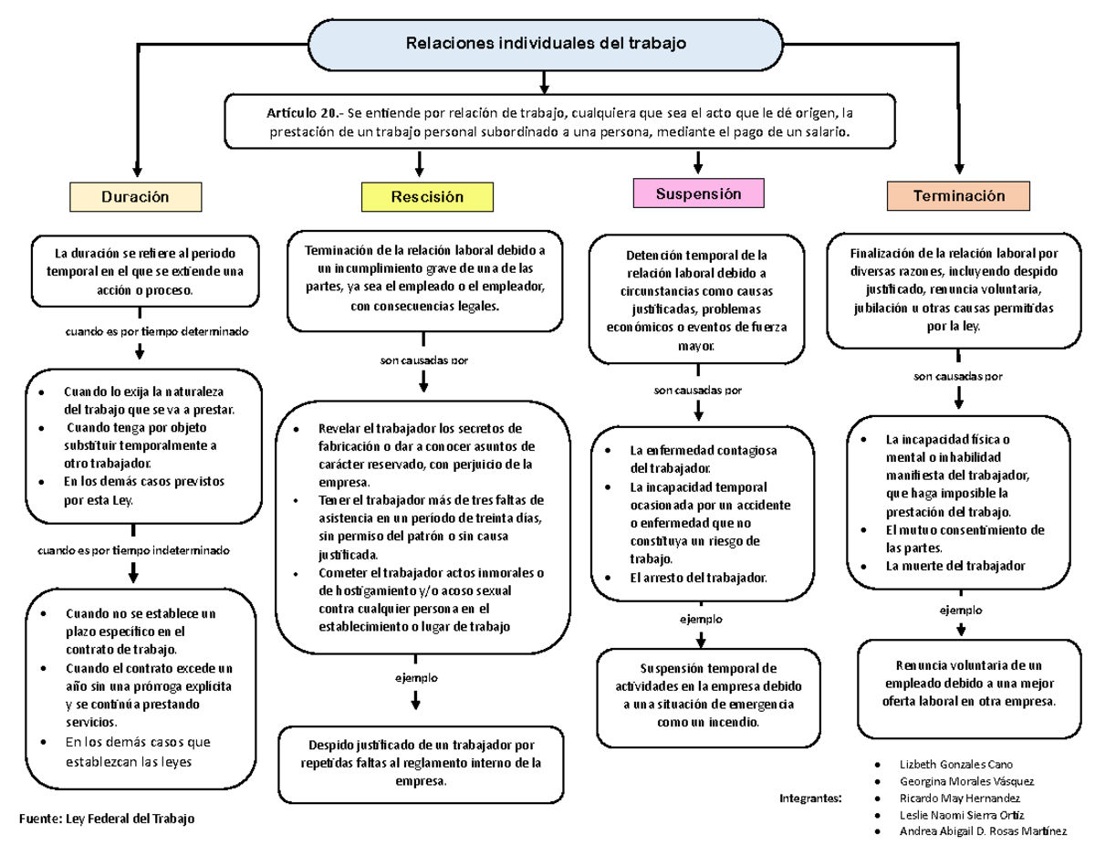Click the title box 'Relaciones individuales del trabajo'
point(546,43)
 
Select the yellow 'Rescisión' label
point(427,196)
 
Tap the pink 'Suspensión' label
point(698,193)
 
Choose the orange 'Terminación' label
point(959,195)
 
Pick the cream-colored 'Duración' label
point(136,196)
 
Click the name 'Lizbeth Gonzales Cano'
point(955,764)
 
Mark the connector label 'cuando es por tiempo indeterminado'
point(133,550)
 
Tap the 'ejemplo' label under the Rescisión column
point(416,677)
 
